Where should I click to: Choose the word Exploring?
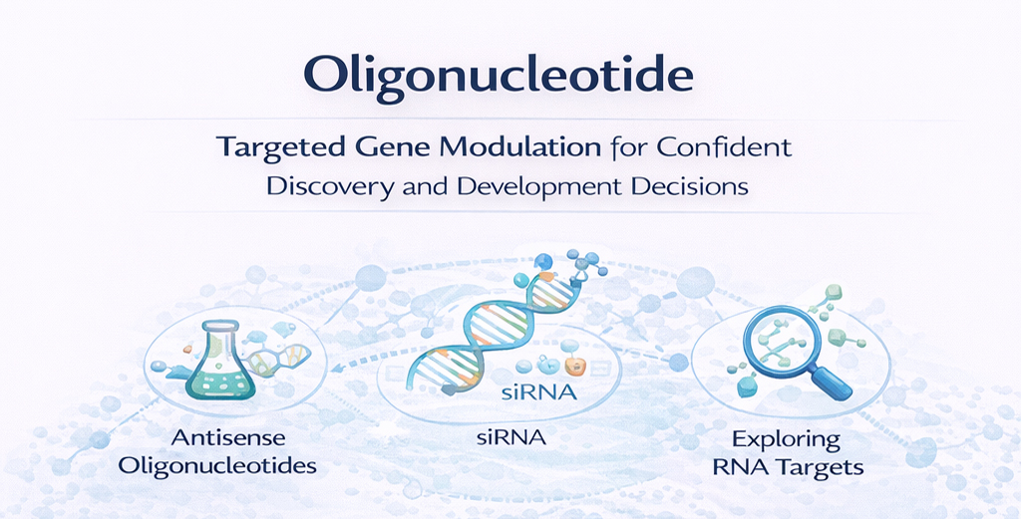(x=786, y=438)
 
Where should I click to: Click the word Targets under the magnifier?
(x=821, y=465)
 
